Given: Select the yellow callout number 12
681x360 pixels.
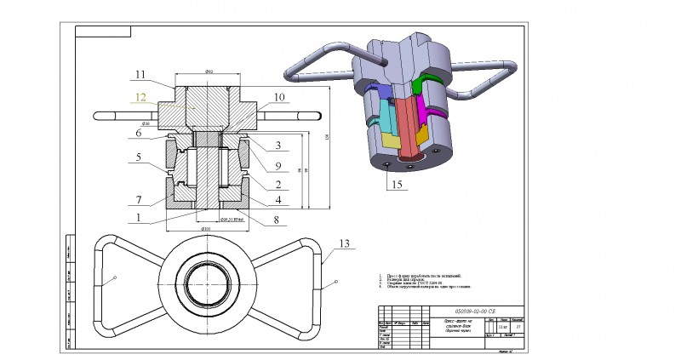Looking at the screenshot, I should pyautogui.click(x=141, y=97).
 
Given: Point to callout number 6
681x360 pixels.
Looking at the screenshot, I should pyautogui.click(x=139, y=134).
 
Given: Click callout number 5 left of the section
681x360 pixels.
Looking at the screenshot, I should pyautogui.click(x=138, y=157).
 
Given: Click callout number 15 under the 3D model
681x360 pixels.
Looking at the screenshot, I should pyautogui.click(x=394, y=182).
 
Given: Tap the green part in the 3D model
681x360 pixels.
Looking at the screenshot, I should pyautogui.click(x=421, y=85).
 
